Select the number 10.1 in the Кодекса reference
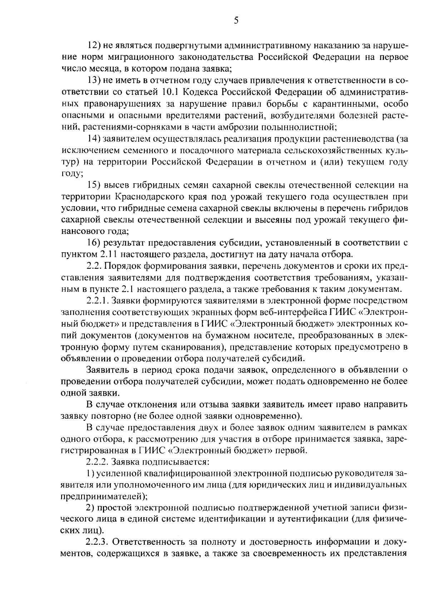171,92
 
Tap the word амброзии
238,127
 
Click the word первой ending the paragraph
295,451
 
